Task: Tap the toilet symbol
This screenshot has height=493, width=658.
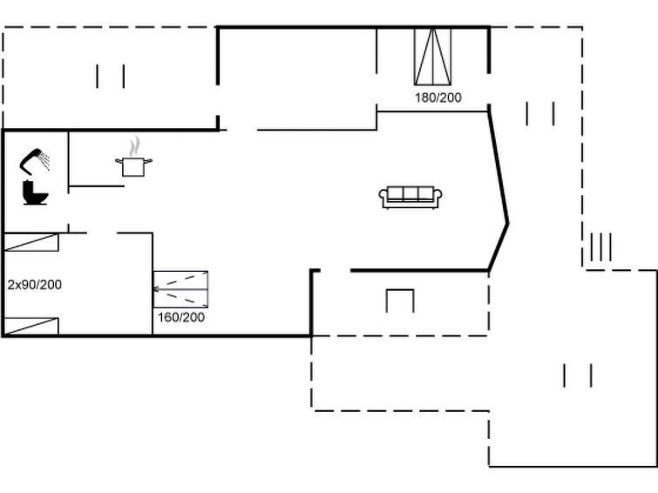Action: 35,193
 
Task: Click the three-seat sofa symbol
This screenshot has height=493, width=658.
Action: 410,197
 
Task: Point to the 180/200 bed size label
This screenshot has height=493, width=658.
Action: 438,98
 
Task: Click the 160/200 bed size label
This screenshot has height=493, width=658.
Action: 181,317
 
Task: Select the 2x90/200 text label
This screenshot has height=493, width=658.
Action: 35,285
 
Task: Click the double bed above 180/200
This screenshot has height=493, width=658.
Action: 432,57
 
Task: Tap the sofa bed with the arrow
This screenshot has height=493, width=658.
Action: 180,289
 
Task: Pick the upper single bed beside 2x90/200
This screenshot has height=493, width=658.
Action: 31,242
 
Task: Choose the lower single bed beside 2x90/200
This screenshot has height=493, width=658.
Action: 31,327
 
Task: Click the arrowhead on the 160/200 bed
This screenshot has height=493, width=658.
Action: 155,289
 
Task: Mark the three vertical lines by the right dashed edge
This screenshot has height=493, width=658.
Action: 601,247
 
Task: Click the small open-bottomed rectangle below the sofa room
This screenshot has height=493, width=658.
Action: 400,290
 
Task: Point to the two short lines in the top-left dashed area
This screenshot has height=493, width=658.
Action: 111,77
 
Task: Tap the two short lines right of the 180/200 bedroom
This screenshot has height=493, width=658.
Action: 540,113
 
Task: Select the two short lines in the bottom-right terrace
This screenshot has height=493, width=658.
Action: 578,375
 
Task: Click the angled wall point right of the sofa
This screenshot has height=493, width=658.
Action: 508,223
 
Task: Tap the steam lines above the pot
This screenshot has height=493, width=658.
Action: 134,146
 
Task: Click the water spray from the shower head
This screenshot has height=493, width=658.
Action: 44,161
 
